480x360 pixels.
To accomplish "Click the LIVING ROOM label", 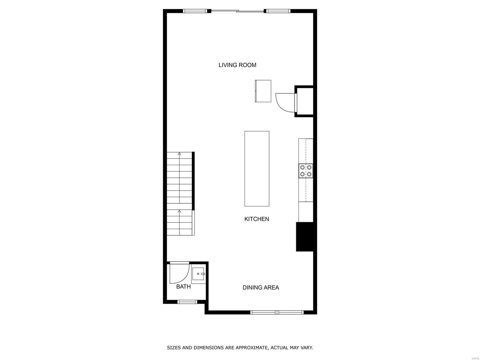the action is pos(237,65).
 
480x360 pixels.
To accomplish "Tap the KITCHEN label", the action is pos(256,219).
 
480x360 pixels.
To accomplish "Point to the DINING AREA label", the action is pos(261,287).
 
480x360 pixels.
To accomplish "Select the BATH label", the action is pos(183,286).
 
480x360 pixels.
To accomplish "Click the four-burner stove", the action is pos(306,171).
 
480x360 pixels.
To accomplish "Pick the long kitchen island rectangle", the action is pos(257,168).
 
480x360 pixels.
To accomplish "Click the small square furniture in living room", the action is pos(263,91).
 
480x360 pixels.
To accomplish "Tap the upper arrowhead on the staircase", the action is pos(179,154).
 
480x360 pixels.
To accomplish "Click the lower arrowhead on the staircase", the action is pos(179,211).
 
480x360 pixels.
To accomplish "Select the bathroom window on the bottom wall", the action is pos(187,302).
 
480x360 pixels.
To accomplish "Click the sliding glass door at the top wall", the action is pos(238,11).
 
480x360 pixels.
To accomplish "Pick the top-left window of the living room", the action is pos(195,11).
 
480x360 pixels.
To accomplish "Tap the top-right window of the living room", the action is pos(278,11).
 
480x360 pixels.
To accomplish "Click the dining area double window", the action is pos(277,312).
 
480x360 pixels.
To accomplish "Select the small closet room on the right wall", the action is pos(304,101).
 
